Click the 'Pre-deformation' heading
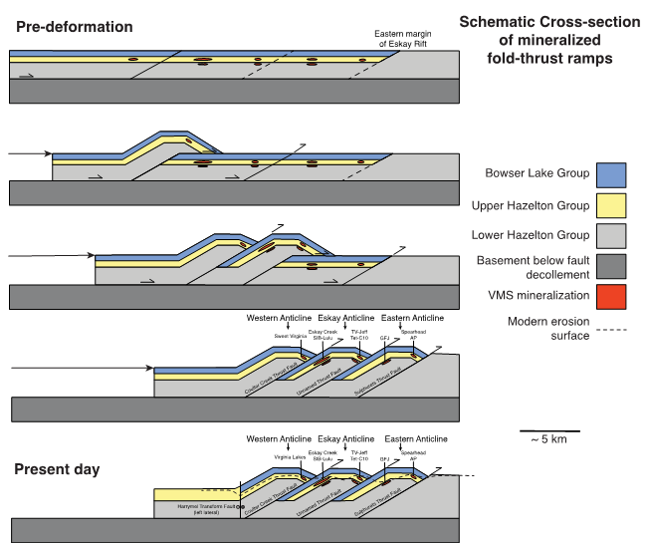pos(75,27)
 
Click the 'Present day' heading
pos(57,468)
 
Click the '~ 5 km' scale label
pos(549,439)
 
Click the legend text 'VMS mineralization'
pos(538,296)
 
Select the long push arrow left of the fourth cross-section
pos(80,370)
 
